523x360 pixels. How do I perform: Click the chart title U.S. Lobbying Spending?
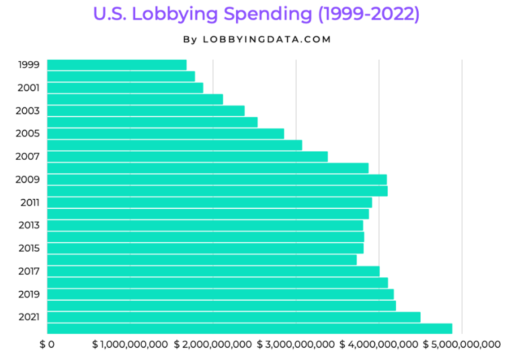(256, 15)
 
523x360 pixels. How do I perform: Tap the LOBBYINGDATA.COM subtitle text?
(257, 40)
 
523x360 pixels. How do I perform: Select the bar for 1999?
(116, 65)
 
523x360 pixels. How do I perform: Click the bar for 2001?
(125, 88)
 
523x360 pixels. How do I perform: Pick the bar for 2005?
(165, 134)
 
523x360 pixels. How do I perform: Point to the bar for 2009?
(216, 179)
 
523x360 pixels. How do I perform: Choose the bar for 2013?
(205, 225)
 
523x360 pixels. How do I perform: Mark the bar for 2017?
(213, 271)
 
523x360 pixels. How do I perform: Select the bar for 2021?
(233, 317)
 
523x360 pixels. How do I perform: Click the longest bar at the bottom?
(249, 328)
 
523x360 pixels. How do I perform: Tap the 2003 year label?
(28, 111)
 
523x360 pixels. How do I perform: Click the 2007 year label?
(28, 156)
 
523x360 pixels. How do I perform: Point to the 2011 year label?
(29, 202)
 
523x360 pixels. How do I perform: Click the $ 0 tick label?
(46, 345)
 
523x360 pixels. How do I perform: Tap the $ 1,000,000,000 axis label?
(130, 345)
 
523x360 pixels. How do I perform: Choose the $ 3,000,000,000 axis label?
(296, 345)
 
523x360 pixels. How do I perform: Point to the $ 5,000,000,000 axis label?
(462, 345)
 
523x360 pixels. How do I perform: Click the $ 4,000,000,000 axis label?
(378, 345)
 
